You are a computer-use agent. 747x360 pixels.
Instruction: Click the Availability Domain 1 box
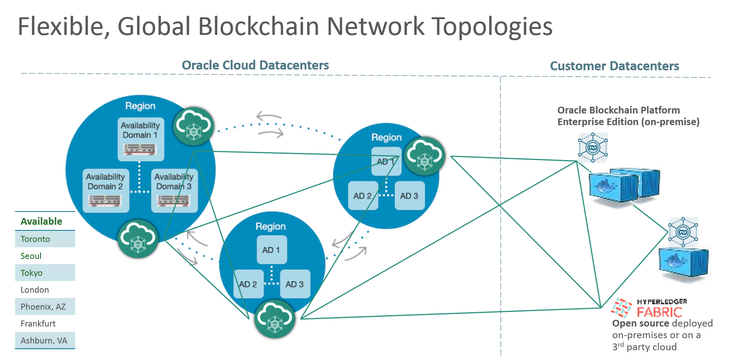[x=141, y=139]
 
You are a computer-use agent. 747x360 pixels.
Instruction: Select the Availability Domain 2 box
[x=106, y=191]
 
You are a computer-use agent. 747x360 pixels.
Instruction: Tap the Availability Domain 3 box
[x=174, y=191]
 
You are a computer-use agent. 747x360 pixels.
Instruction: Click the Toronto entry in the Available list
[x=45, y=239]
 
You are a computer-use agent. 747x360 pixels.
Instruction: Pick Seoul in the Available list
[x=31, y=256]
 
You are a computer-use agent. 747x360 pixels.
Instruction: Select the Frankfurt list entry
[x=38, y=324]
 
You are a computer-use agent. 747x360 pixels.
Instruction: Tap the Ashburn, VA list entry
[x=45, y=340]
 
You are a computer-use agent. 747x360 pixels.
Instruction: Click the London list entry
[x=35, y=290]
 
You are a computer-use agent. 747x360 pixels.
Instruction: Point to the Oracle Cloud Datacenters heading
[x=255, y=65]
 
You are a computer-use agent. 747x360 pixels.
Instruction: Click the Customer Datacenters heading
[x=614, y=66]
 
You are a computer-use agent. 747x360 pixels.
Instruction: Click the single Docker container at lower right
[x=684, y=265]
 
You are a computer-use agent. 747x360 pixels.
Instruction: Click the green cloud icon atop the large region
[x=193, y=126]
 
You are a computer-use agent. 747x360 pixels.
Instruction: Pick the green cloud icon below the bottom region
[x=274, y=319]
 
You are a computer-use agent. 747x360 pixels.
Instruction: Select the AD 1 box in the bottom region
[x=271, y=250]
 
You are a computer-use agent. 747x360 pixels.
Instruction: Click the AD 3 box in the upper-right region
[x=409, y=196]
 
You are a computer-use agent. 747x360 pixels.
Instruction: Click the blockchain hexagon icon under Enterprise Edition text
[x=592, y=147]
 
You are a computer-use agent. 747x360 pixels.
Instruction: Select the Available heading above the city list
[x=41, y=221]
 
